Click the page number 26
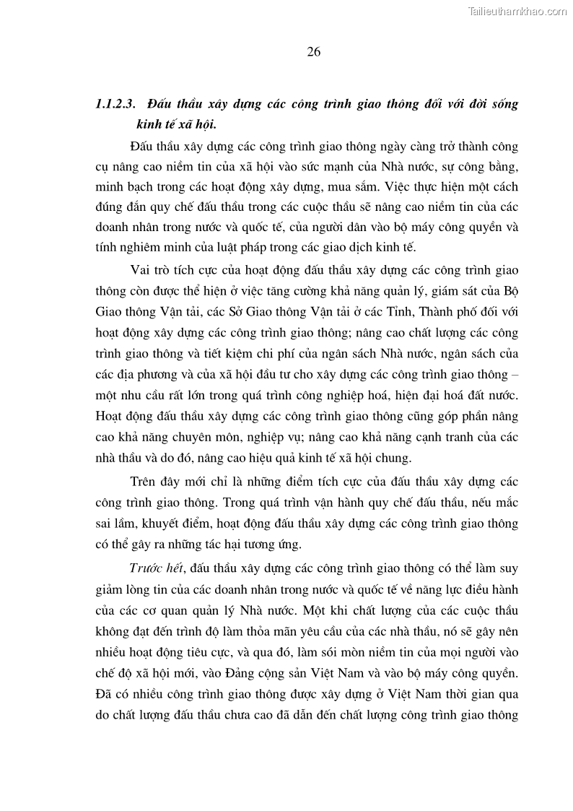[313, 52]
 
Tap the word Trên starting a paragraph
[146, 482]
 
